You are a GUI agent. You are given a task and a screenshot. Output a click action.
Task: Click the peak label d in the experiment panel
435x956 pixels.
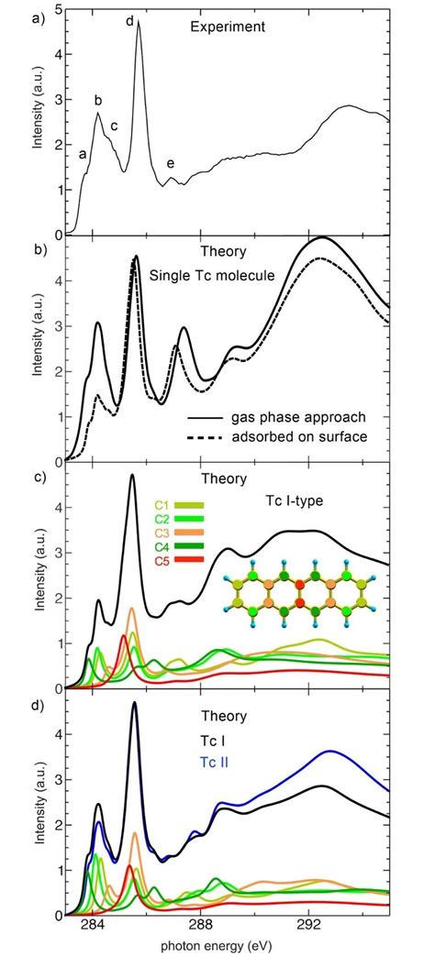[129, 20]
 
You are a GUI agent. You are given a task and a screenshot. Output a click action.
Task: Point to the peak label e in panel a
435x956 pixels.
[171, 164]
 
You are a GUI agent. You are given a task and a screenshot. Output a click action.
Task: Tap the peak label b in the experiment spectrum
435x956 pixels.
[98, 100]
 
